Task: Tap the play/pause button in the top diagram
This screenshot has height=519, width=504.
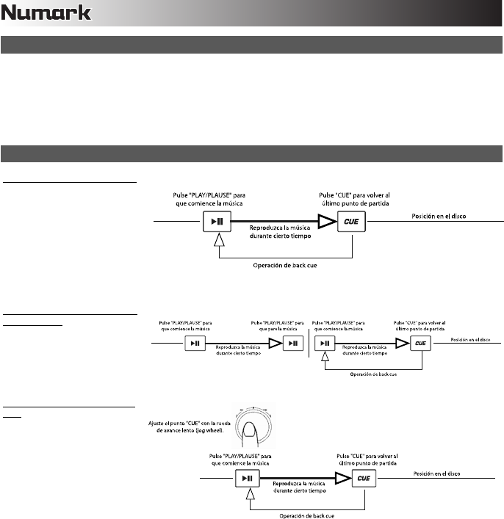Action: pyautogui.click(x=216, y=220)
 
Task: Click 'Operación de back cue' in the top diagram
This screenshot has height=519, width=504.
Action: pyautogui.click(x=286, y=265)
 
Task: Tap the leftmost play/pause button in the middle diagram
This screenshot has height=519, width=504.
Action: pyautogui.click(x=194, y=343)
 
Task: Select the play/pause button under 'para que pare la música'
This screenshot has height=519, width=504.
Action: pyautogui.click(x=293, y=343)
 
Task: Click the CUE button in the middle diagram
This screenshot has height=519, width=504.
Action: pyautogui.click(x=420, y=343)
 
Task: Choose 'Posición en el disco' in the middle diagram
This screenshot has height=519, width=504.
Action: pyautogui.click(x=470, y=338)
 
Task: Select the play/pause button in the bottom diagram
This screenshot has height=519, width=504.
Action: pyautogui.click(x=247, y=479)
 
